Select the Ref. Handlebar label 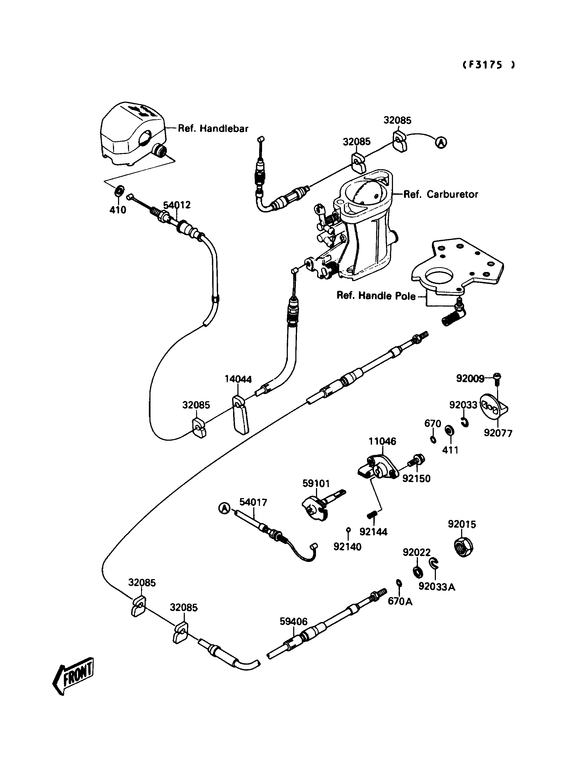tap(213, 128)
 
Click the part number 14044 tap(238, 380)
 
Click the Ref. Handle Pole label tap(376, 296)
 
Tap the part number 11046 tap(382, 441)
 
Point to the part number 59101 tap(316, 484)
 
